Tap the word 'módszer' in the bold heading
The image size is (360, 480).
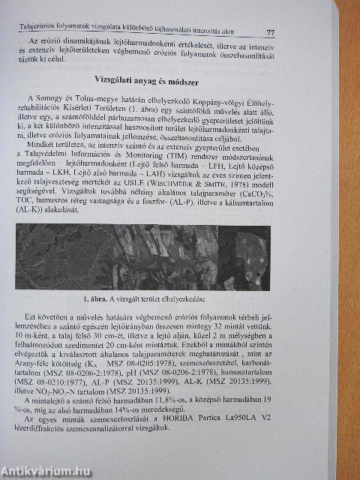pyautogui.click(x=186, y=79)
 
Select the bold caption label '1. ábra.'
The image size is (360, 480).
pyautogui.click(x=98, y=297)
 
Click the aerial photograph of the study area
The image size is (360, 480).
pyautogui.click(x=150, y=255)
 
